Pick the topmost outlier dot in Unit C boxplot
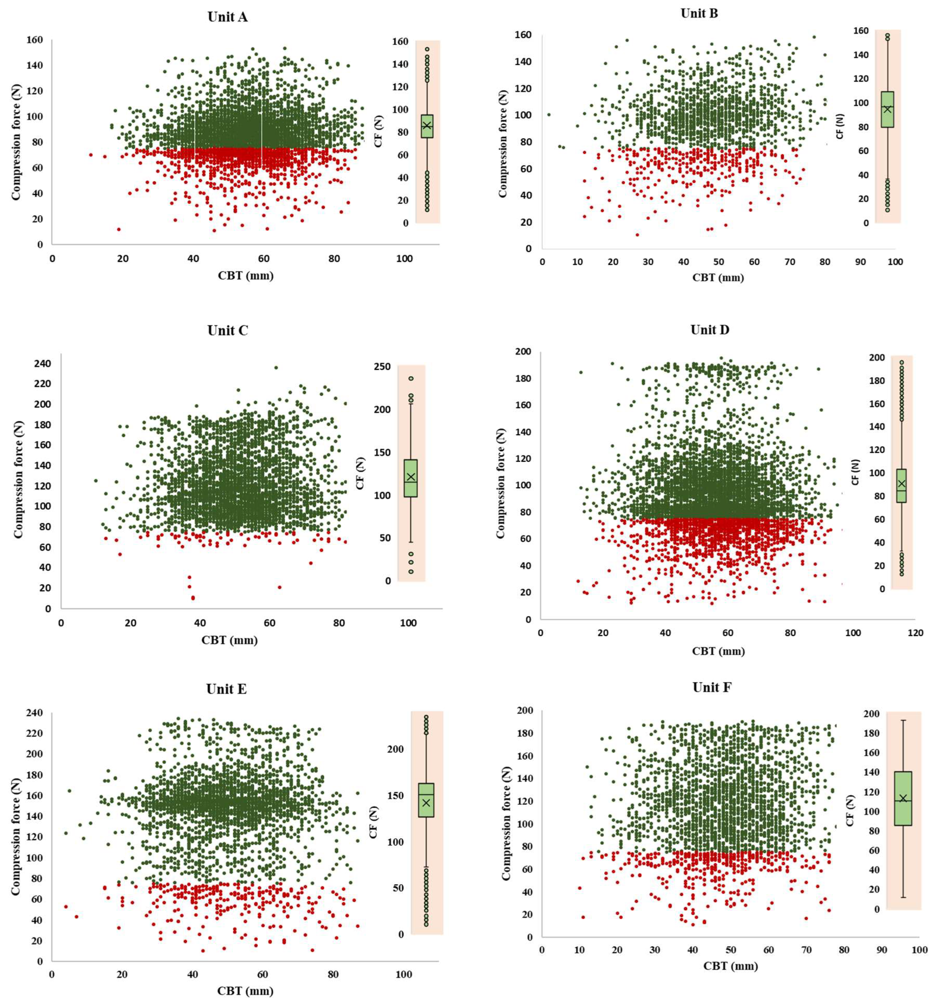click(411, 378)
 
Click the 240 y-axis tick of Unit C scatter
click(42, 363)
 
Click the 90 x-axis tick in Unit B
click(860, 262)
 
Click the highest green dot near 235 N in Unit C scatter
click(276, 368)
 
